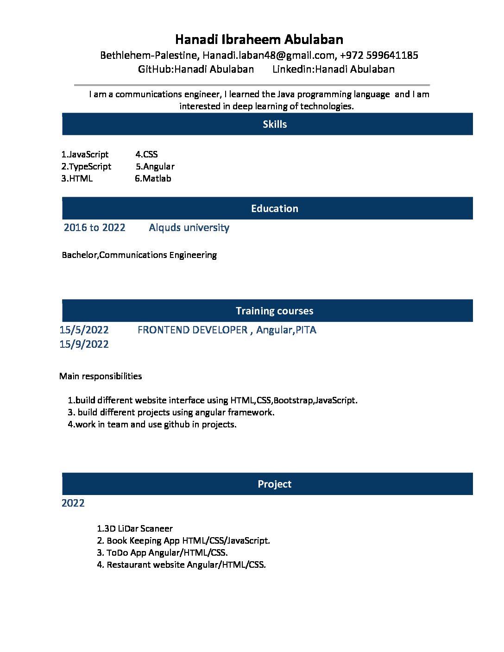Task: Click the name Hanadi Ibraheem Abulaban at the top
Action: point(259,39)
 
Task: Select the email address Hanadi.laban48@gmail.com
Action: point(268,56)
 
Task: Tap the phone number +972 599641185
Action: point(378,56)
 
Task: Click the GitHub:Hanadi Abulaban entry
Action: point(195,69)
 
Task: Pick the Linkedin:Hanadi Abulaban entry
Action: point(333,69)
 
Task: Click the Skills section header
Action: point(274,124)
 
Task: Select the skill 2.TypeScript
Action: point(86,167)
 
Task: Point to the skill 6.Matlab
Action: point(153,179)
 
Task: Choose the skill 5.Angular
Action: point(155,167)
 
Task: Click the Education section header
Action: point(274,208)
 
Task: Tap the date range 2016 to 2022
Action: point(94,228)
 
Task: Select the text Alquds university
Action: point(189,228)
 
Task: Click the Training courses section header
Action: point(274,311)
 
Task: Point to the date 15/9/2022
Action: point(84,345)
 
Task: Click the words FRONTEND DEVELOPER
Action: point(192,330)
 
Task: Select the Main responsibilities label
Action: point(101,376)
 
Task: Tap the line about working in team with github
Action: point(152,425)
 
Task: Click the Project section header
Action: point(274,484)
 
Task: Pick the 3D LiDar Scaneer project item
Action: point(135,529)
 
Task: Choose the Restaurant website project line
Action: point(181,565)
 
